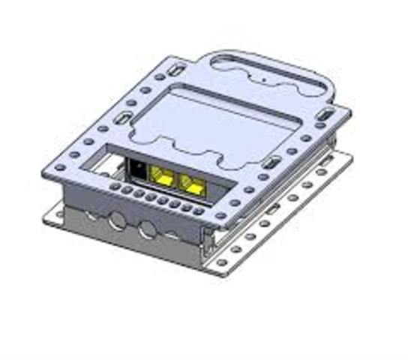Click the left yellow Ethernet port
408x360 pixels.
[x=160, y=177]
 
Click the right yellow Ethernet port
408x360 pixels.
[x=193, y=184]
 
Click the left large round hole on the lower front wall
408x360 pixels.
[x=117, y=221]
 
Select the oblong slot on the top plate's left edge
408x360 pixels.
[x=120, y=120]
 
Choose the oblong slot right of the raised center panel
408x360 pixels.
[x=270, y=163]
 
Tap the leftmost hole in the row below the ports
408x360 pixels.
[x=115, y=187]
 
